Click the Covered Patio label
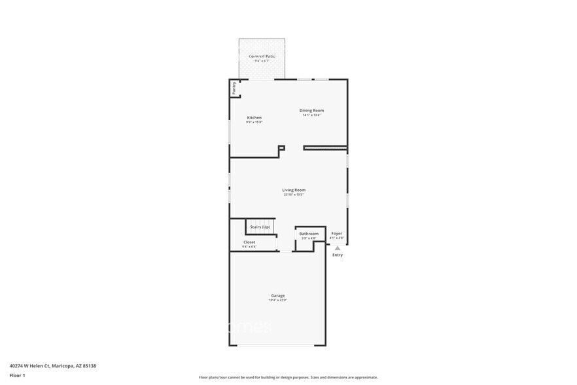tap(262, 56)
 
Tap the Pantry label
tap(234, 88)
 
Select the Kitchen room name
tap(254, 118)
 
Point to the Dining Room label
tap(312, 111)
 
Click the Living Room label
tap(294, 190)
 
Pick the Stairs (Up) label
tap(260, 227)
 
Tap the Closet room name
tap(249, 242)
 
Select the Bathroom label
tap(309, 234)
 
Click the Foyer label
tap(336, 233)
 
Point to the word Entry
tap(337, 255)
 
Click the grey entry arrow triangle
tap(337, 248)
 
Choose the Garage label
tap(277, 295)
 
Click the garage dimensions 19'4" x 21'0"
tap(277, 300)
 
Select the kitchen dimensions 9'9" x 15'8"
tap(254, 122)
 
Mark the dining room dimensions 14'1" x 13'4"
tap(312, 115)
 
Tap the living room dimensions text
tap(294, 194)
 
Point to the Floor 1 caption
tap(17, 375)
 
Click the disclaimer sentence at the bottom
tap(288, 377)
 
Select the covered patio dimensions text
tap(262, 61)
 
